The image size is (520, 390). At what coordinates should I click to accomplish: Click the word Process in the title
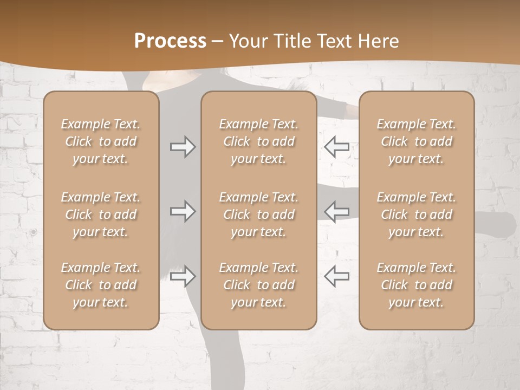coord(170,41)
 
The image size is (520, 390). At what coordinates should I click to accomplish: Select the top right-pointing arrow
coord(183,147)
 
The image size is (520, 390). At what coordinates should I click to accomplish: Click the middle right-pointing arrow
coord(183,211)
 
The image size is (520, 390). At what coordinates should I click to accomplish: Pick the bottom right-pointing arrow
coord(183,276)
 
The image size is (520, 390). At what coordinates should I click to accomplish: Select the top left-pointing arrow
coord(337,147)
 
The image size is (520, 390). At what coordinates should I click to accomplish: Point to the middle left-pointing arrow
coord(337,211)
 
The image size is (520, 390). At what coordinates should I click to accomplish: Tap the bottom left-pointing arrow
coord(337,276)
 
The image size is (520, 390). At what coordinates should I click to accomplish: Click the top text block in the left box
coord(101,141)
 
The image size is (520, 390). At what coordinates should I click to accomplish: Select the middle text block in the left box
coord(101,214)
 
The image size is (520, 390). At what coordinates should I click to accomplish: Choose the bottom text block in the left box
coord(101,285)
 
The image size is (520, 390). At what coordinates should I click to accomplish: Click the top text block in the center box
coord(258,141)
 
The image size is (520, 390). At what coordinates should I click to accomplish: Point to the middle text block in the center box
coord(258,214)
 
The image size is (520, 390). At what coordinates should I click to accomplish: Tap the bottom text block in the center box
coord(258,285)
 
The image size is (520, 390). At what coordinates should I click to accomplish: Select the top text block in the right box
coord(416,141)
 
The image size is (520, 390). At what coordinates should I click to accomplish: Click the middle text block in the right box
coord(416,214)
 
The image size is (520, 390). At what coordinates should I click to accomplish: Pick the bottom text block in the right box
coord(416,285)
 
